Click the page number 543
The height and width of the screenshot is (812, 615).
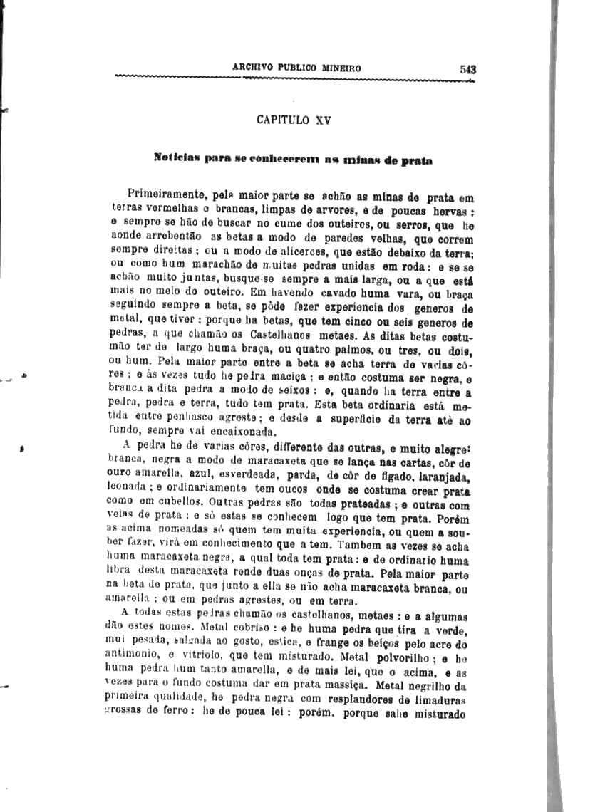467,69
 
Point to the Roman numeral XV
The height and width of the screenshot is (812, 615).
323,120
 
